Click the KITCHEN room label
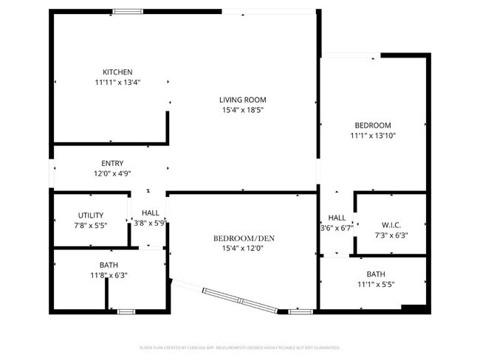(x=117, y=72)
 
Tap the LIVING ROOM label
(x=242, y=100)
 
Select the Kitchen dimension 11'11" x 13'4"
(x=117, y=83)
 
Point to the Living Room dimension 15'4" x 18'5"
(x=242, y=111)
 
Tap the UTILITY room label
(x=91, y=215)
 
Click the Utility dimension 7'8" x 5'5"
(x=91, y=226)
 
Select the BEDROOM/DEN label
(x=239, y=238)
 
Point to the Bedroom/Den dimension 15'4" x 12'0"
(x=239, y=249)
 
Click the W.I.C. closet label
(x=391, y=225)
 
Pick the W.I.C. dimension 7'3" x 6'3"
(x=391, y=236)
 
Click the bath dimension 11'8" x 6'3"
(x=109, y=275)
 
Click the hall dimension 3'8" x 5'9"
(x=150, y=222)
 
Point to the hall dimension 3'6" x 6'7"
(x=337, y=228)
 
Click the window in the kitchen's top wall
(x=128, y=11)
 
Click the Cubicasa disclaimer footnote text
(x=240, y=347)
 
